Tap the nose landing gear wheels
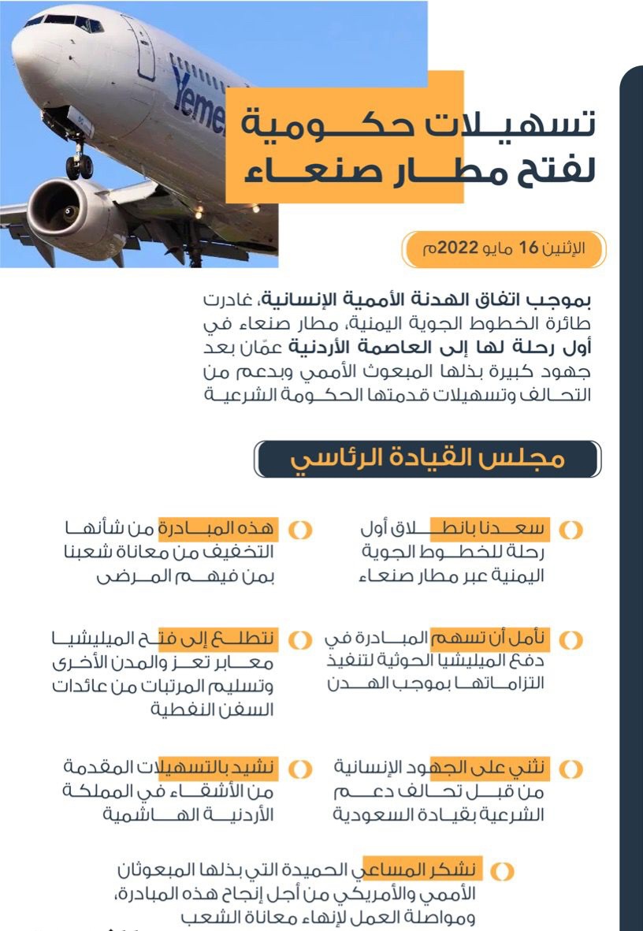(80, 165)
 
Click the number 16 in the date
(526, 248)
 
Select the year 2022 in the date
(458, 248)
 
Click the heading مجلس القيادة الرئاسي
(429, 459)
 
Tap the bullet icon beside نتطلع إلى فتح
(299, 639)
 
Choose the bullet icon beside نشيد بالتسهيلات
(299, 768)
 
